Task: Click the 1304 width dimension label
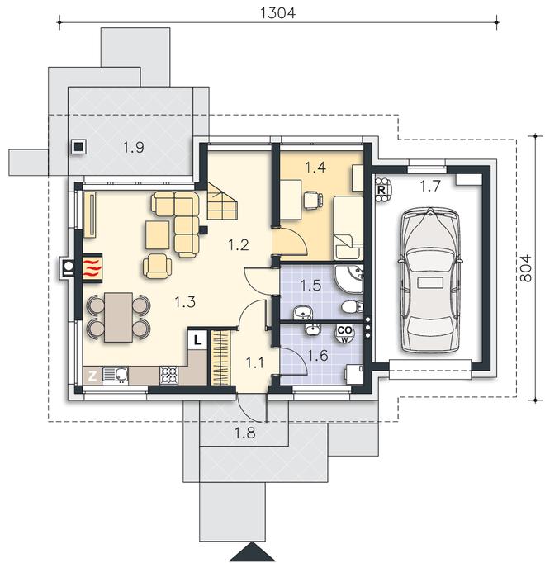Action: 277,13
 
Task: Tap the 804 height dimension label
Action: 526,267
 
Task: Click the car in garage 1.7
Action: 429,280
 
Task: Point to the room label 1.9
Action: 134,147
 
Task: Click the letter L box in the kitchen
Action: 197,339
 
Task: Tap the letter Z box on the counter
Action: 92,376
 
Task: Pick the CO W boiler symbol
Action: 344,334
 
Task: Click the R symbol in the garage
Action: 381,189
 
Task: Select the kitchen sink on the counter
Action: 116,375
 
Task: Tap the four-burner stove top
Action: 168,376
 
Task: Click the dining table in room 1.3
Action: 119,317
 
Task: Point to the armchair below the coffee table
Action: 158,266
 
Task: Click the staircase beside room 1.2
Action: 221,201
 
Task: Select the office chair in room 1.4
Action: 313,200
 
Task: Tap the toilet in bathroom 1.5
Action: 353,307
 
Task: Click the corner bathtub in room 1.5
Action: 350,280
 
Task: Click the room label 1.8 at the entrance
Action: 245,433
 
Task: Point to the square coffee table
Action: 158,234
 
